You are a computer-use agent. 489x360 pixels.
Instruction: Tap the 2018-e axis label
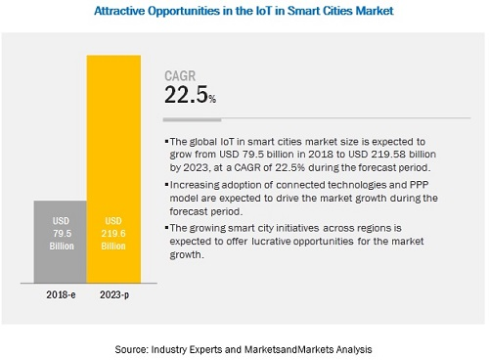point(58,293)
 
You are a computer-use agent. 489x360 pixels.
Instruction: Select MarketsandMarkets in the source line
point(292,348)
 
